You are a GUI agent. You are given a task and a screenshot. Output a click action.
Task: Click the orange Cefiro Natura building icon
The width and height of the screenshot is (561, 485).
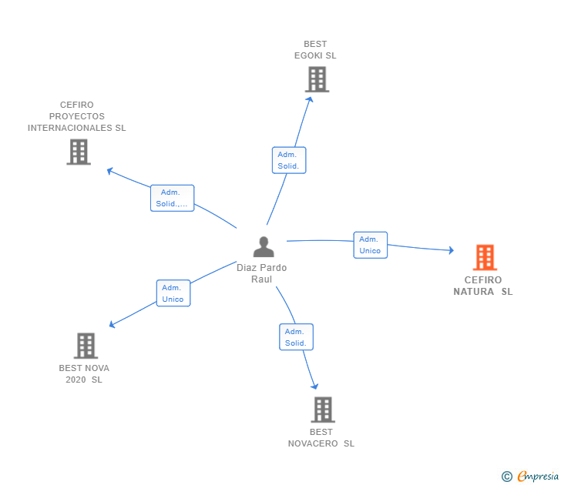[x=485, y=257]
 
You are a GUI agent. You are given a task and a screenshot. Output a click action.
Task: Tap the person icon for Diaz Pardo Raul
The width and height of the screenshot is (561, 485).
[x=264, y=247]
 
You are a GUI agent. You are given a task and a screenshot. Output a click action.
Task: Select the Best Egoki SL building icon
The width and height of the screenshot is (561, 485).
[x=316, y=79]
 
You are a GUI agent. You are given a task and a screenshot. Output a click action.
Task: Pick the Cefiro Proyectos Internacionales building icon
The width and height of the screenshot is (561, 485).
[x=79, y=152]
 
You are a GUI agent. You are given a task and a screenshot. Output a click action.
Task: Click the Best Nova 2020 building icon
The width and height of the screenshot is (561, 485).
[x=86, y=346]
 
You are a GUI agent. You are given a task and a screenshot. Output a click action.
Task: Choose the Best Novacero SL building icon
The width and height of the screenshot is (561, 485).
[x=322, y=410]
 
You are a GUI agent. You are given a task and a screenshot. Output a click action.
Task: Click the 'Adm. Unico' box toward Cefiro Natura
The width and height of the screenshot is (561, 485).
[x=370, y=245]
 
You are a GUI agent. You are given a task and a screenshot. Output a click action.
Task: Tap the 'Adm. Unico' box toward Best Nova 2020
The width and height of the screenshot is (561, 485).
[x=173, y=293]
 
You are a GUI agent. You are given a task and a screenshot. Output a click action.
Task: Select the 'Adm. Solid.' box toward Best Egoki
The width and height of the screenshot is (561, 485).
[x=288, y=160]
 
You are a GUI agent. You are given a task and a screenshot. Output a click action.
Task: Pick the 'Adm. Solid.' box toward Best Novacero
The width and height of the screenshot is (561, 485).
[x=296, y=337]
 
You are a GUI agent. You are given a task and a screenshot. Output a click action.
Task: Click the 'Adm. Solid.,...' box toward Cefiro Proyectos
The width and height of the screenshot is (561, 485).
[x=172, y=198]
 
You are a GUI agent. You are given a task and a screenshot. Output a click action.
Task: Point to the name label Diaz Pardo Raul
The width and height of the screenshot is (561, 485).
[x=262, y=273]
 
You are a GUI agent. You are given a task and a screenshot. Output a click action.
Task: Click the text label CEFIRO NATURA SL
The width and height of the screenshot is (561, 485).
[x=483, y=286]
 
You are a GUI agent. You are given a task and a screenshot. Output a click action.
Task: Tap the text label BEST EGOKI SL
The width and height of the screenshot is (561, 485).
[x=315, y=50]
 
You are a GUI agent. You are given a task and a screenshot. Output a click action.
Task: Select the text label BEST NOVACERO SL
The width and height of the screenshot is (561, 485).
[x=321, y=437]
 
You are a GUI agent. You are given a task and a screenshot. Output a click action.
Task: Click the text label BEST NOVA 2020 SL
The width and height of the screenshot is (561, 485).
[x=84, y=373]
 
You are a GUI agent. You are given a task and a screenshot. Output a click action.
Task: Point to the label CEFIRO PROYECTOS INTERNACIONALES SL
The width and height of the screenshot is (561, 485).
[x=77, y=116]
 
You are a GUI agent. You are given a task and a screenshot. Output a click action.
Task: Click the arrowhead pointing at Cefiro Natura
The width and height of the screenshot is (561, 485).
[x=450, y=250]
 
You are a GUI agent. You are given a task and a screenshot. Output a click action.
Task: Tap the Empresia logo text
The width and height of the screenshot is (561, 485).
[x=538, y=476]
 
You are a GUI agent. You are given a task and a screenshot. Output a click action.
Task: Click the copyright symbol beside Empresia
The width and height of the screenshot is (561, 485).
[x=507, y=477]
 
